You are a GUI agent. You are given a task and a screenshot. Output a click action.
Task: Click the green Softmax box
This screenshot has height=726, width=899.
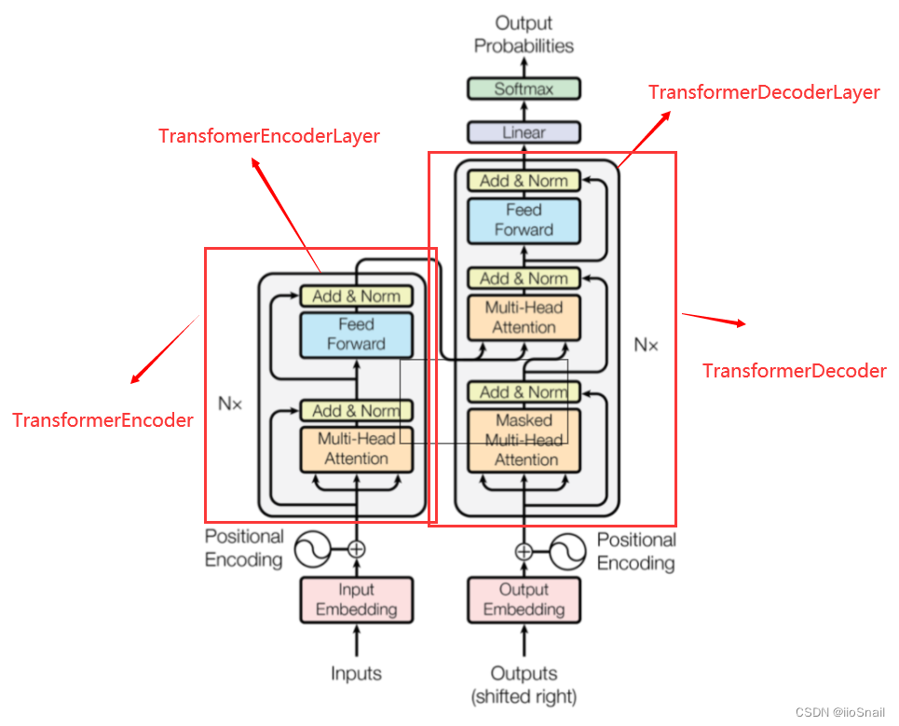(524, 89)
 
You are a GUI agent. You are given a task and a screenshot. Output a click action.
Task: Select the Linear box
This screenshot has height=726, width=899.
(524, 132)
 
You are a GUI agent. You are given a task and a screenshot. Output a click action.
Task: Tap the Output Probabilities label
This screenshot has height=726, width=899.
(524, 34)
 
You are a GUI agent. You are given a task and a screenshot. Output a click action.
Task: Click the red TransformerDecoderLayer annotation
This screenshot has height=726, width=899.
(764, 92)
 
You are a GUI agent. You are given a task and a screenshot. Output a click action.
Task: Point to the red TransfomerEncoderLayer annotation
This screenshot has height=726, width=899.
(269, 136)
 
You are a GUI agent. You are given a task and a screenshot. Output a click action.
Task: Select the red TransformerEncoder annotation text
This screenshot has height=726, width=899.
(102, 420)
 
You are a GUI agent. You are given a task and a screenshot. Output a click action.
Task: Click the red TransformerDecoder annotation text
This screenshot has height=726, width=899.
(794, 371)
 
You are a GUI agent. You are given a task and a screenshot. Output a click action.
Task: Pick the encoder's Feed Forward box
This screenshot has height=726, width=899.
(356, 334)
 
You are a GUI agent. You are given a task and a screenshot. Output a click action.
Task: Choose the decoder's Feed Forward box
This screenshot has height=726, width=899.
(524, 220)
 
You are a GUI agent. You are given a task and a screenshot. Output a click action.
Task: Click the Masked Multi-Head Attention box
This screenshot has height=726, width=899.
(524, 440)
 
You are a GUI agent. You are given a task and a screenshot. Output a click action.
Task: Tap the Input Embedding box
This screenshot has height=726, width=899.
(356, 599)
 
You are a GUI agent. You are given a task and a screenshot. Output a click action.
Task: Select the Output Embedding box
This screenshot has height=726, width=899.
(524, 599)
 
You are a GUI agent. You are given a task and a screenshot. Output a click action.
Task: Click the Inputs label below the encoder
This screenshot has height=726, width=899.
(356, 673)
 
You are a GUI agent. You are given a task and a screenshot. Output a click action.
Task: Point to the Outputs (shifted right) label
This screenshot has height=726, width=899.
(524, 684)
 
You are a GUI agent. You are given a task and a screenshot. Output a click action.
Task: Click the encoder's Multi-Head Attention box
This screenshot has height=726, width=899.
(356, 448)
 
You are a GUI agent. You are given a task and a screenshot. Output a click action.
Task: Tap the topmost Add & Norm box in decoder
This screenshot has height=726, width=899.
(524, 181)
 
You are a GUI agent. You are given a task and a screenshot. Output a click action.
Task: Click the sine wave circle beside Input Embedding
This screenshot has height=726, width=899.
(313, 549)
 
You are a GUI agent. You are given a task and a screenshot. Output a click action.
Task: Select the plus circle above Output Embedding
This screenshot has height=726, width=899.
(524, 551)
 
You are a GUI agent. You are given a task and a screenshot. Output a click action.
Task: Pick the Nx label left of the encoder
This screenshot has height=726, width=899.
(229, 404)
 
